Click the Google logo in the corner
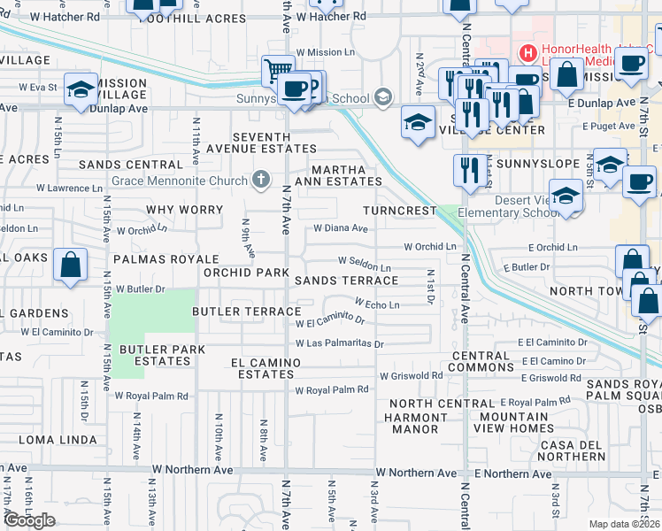29,520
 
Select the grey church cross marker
259,181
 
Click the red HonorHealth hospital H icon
528,53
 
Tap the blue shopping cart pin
278,70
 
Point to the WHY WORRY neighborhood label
182,210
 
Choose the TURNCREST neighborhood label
400,211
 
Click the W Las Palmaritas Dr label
340,343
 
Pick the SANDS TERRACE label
346,280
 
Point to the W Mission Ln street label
325,52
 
